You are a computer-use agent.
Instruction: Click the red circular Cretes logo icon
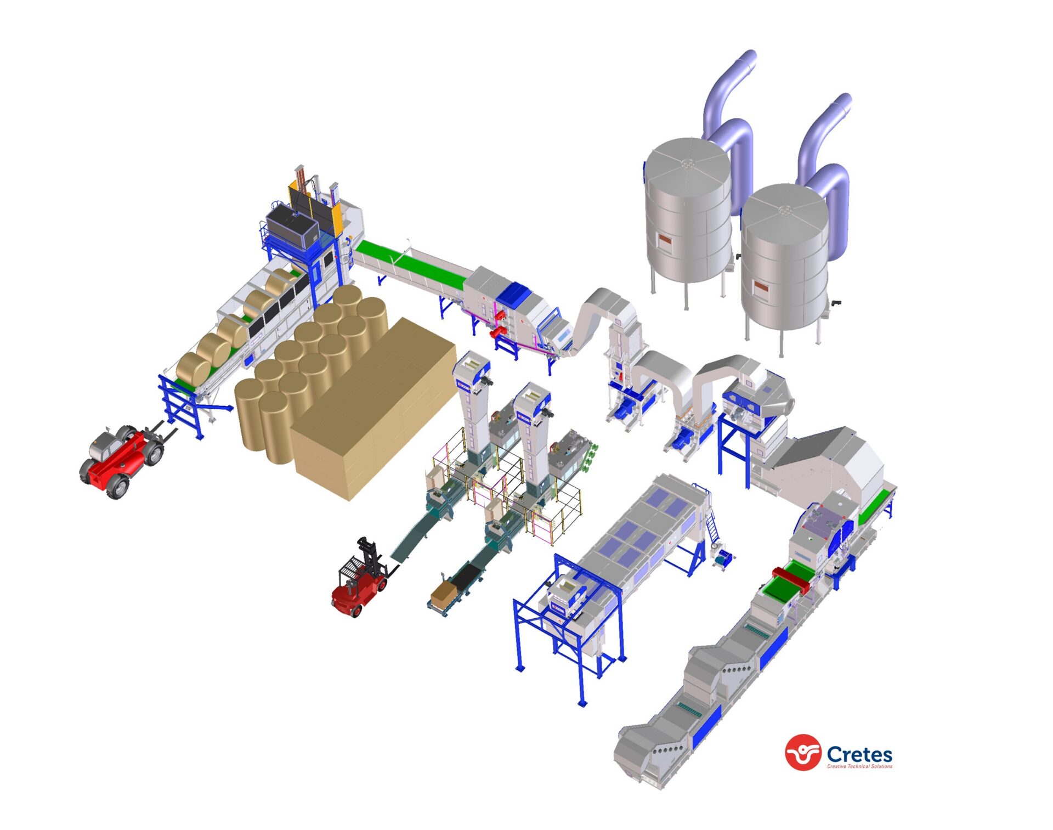point(803,752)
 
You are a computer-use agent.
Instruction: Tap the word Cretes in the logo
point(859,754)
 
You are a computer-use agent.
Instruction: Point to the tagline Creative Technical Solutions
point(859,766)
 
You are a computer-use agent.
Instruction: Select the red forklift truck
point(360,580)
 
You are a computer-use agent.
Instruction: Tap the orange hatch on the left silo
point(665,240)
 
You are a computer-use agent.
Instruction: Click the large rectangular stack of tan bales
point(373,409)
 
